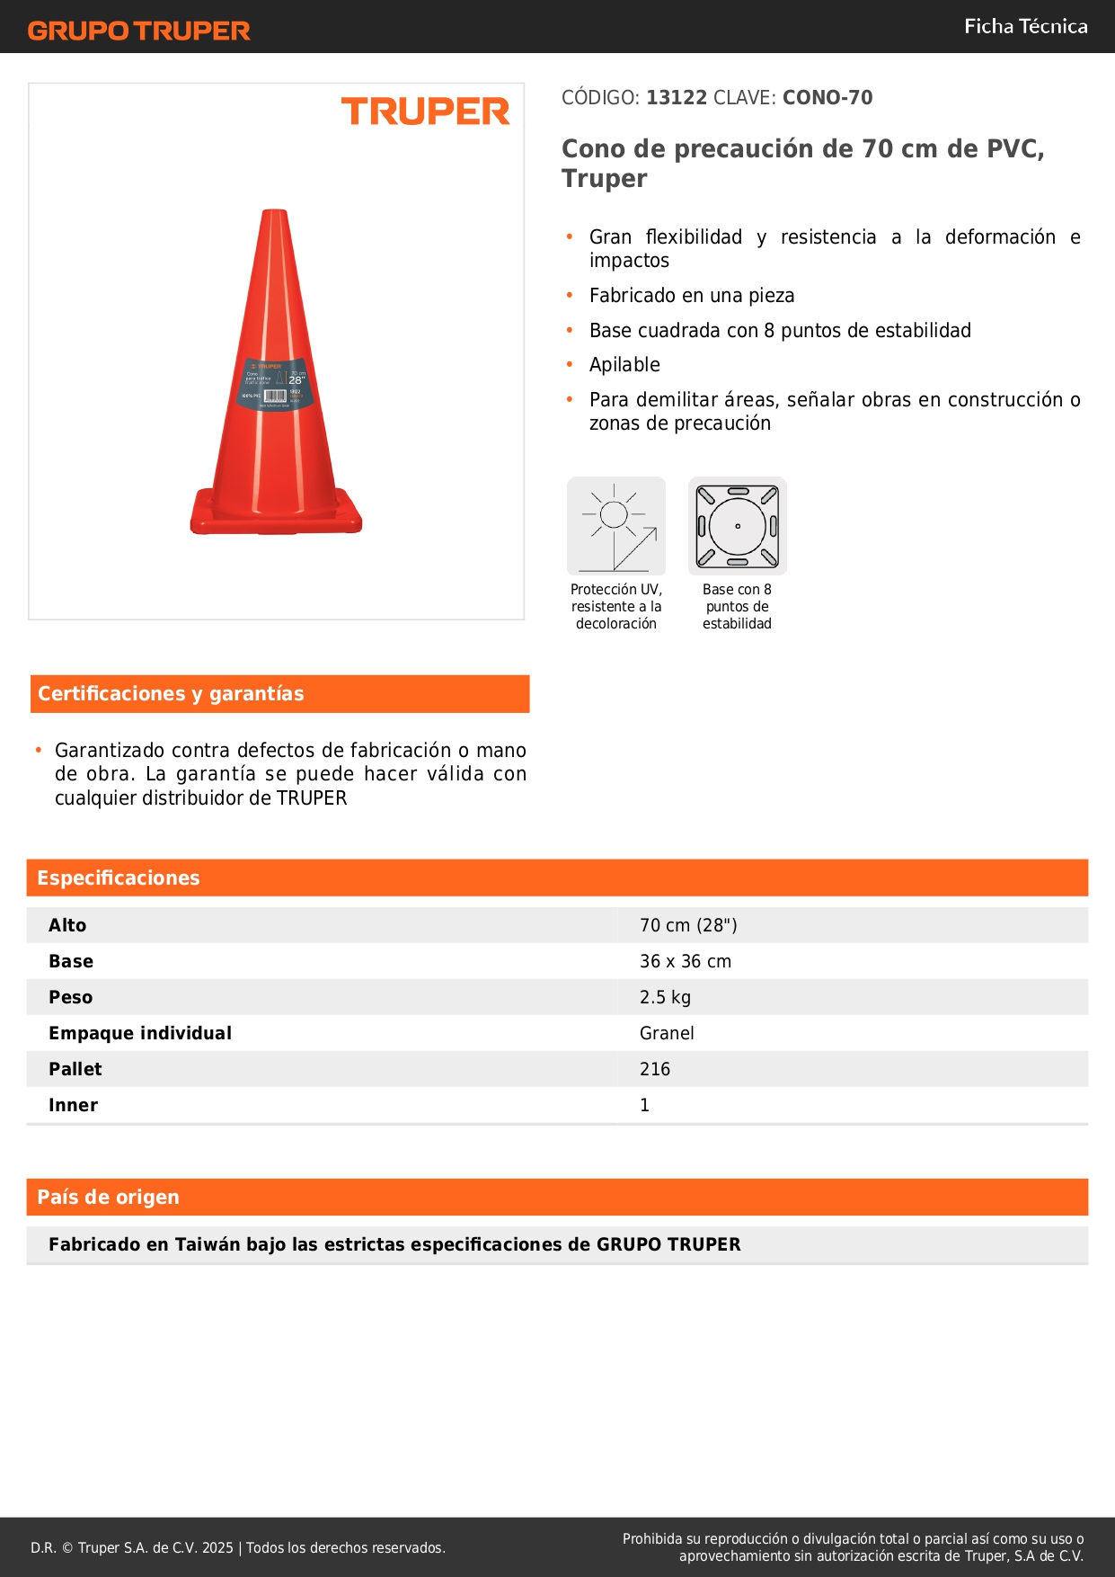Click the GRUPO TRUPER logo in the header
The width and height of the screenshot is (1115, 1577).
[139, 31]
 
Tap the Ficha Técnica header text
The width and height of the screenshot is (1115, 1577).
[1025, 27]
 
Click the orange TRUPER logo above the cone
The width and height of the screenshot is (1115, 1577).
[425, 111]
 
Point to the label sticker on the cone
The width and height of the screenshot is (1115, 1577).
[276, 384]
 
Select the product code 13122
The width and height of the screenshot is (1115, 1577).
[677, 98]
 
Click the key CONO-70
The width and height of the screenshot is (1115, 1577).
[827, 98]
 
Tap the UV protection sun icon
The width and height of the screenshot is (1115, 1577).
[616, 526]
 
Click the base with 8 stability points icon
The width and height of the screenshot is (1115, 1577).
[738, 526]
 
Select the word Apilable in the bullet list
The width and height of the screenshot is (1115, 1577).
[624, 365]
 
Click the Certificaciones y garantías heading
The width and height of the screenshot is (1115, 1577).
[171, 694]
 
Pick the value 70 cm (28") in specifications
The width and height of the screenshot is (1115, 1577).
[688, 925]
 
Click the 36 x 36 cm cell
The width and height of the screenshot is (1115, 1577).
[686, 961]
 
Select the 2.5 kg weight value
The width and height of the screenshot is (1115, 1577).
[665, 997]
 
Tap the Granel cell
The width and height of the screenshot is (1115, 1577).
[667, 1033]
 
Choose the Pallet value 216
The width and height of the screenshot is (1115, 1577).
[655, 1069]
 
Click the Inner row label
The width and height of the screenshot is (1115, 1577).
[73, 1105]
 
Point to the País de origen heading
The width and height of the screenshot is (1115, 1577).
[108, 1198]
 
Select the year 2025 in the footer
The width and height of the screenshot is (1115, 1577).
[217, 1547]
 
